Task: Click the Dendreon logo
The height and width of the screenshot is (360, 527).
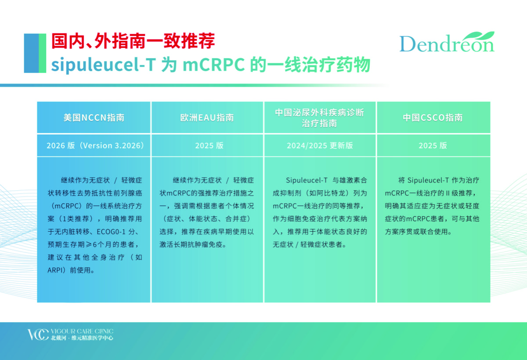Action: (447, 42)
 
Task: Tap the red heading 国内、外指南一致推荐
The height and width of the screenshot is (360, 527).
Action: (133, 41)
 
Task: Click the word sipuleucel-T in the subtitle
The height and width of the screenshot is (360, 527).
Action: (103, 65)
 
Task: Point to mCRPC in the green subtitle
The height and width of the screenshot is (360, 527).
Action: (213, 65)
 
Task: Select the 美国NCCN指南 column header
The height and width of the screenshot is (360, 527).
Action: (94, 117)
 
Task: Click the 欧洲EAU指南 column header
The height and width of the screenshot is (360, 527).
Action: (207, 117)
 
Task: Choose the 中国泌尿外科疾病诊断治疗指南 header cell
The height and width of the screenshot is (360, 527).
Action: (320, 118)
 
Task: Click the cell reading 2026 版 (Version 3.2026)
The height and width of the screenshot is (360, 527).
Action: (95, 145)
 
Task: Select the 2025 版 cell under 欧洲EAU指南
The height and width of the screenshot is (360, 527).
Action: (209, 145)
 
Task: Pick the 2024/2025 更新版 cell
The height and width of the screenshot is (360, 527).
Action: (320, 145)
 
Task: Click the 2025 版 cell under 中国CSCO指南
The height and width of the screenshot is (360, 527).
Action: (433, 145)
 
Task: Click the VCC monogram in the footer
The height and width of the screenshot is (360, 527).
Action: (38, 335)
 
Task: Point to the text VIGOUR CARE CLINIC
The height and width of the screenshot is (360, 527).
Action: (82, 331)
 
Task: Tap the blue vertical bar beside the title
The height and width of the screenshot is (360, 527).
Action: (32, 53)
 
